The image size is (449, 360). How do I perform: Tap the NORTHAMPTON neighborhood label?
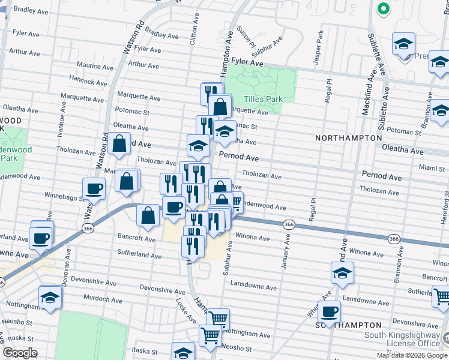tap(348, 138)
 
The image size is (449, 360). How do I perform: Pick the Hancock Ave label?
tap(88, 78)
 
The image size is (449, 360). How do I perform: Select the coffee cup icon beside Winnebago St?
tap(94, 188)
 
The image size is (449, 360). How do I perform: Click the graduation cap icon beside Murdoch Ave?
tap(50, 296)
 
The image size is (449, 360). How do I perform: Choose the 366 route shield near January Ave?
tap(289, 224)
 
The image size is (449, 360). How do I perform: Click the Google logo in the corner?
tap(20, 353)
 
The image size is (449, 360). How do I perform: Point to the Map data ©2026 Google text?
tap(412, 355)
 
